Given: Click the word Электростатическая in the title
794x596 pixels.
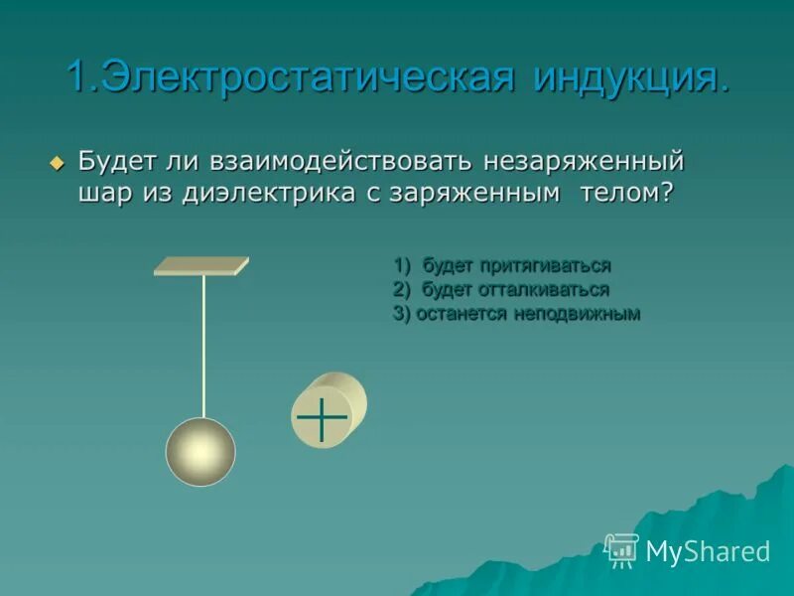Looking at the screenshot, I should click(307, 76).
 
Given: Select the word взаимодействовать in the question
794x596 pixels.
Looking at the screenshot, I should click(344, 161).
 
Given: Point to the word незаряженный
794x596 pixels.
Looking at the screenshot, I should click(585, 161).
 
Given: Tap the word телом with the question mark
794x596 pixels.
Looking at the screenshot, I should click(626, 193).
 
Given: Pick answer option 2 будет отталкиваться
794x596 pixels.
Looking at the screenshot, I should click(501, 289).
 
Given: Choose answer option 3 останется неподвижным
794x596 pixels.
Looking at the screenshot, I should click(516, 313).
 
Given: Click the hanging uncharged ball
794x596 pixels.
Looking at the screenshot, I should click(200, 452).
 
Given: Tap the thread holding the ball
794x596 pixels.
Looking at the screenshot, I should click(203, 348).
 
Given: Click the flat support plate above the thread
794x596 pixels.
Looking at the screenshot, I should click(201, 265).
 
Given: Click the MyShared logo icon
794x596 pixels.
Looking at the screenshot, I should click(621, 549).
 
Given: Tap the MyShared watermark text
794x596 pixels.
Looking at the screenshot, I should click(708, 551).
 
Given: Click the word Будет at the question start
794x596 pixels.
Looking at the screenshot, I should click(113, 161).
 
